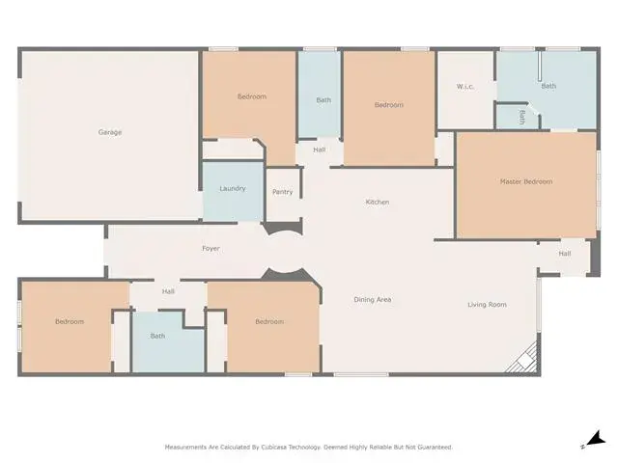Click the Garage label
110,132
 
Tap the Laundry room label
233,189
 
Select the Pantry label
283,192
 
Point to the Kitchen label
378,202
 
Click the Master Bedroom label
526,181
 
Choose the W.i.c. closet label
465,87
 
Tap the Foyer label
211,249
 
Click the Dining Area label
373,300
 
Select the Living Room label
487,305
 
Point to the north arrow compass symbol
596,439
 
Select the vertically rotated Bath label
522,118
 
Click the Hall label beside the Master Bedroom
565,254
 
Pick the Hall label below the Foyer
168,291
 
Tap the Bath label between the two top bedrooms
323,100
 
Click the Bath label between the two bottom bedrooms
157,337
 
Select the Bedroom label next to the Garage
252,96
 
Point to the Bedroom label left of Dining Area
269,321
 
